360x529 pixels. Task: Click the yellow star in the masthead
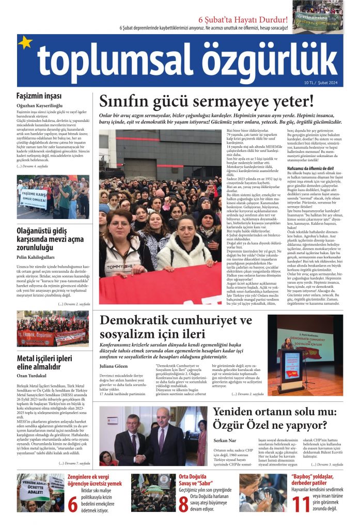(25, 43)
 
